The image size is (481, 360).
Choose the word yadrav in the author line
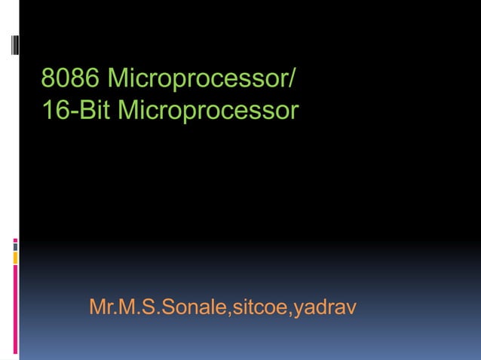click(x=325, y=309)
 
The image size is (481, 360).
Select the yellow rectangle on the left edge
click(x=15, y=258)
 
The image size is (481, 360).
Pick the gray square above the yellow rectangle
click(x=15, y=246)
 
